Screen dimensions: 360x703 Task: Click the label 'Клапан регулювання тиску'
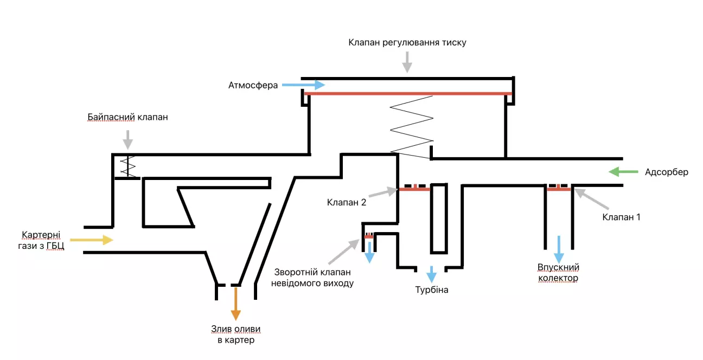(407, 42)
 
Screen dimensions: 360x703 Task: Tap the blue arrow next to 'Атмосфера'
(304, 85)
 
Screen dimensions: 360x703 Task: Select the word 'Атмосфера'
(253, 85)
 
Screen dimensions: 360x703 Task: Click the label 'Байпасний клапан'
(128, 117)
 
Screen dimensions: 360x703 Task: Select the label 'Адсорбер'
(667, 172)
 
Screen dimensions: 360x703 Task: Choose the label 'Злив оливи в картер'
(235, 335)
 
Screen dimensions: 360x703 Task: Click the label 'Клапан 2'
(347, 202)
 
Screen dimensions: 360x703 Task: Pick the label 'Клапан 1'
(621, 216)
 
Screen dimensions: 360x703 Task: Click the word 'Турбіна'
(432, 290)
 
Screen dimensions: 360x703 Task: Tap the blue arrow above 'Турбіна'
(432, 272)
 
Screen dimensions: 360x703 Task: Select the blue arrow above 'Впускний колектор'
(558, 249)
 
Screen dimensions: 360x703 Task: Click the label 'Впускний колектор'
(558, 273)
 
